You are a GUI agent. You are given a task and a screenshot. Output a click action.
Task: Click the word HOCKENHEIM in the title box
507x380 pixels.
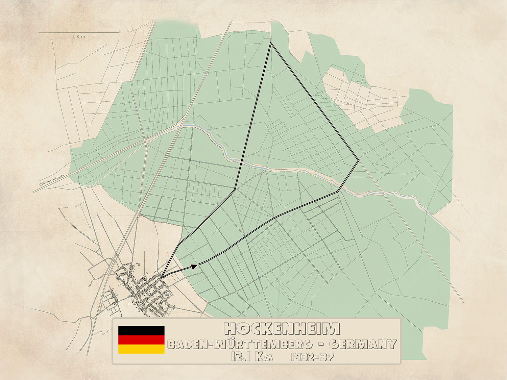[x=282, y=328]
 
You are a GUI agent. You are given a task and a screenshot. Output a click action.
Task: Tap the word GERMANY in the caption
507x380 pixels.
[x=362, y=344]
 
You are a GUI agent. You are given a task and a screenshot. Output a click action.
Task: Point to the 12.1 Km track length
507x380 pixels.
[x=252, y=357]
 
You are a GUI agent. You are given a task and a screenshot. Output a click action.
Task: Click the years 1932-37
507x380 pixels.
[x=312, y=357]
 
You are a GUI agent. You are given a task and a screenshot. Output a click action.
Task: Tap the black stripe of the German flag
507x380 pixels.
[x=141, y=331]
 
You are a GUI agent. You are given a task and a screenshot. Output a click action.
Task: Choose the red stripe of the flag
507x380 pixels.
[x=141, y=340]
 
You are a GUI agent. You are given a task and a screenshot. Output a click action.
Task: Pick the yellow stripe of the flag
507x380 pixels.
[x=141, y=349]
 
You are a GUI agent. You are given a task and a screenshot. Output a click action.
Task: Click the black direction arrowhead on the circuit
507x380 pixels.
[x=194, y=267]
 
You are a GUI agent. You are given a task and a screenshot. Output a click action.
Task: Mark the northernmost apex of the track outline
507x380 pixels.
[x=271, y=43]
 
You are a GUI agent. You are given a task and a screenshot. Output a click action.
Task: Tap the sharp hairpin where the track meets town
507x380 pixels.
[x=163, y=277]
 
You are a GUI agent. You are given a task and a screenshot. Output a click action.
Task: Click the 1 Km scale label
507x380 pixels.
[x=79, y=36]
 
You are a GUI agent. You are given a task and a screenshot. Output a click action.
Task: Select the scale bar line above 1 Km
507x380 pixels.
[x=79, y=32]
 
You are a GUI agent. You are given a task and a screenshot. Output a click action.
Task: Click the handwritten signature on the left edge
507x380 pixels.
[x=52, y=180]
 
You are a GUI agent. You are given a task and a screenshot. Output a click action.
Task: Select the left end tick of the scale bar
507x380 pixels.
[x=39, y=32]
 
